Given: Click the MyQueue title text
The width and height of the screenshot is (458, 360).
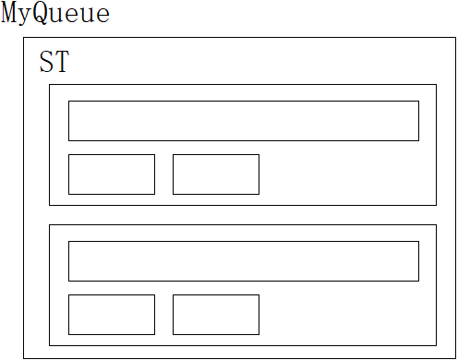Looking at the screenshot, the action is pyautogui.click(x=55, y=13).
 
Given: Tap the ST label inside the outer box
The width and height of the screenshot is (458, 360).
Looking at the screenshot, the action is pyautogui.click(x=54, y=62).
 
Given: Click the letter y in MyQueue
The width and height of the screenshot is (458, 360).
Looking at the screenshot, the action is pyautogui.click(x=26, y=17).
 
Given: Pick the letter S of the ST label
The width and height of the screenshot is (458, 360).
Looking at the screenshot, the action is pyautogui.click(x=46, y=62).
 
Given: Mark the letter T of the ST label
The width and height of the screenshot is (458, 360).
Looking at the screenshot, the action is pyautogui.click(x=62, y=62).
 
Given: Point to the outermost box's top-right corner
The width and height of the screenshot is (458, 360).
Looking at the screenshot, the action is pyautogui.click(x=456, y=38).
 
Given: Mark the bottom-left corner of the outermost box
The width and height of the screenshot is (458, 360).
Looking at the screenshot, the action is pyautogui.click(x=24, y=358).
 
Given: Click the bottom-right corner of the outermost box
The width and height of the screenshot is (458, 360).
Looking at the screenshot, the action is pyautogui.click(x=456, y=358).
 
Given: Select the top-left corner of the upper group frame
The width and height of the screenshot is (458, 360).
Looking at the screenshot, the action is pyautogui.click(x=49, y=84).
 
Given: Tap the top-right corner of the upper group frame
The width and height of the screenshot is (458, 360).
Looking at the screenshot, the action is pyautogui.click(x=437, y=84).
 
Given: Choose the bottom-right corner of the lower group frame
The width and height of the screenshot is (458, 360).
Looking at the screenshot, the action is pyautogui.click(x=437, y=346).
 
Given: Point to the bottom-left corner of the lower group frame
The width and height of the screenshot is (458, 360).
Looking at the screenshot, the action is pyautogui.click(x=49, y=346).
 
